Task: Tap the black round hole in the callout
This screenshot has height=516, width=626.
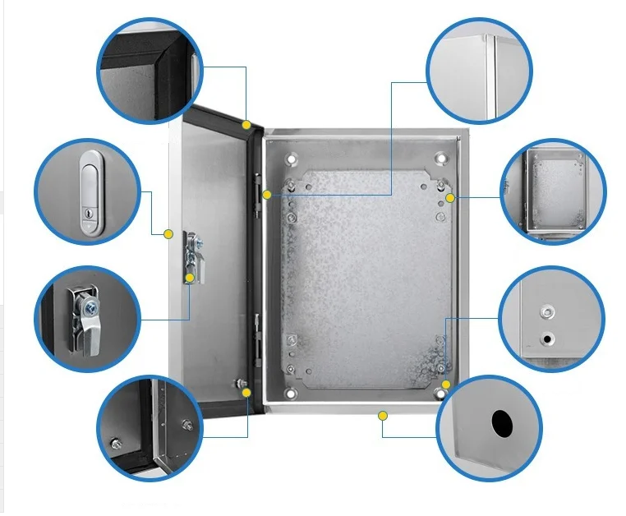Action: (x=501, y=423)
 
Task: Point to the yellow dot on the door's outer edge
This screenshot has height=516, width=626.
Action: (x=168, y=234)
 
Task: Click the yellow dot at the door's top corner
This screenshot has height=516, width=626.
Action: (x=246, y=124)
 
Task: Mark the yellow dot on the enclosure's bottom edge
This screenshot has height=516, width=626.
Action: (x=382, y=416)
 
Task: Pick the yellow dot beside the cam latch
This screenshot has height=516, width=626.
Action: (x=190, y=278)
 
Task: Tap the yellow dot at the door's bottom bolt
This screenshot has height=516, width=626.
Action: (x=246, y=394)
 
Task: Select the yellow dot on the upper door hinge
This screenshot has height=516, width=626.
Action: (x=266, y=195)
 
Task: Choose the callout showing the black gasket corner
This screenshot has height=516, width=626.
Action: (x=150, y=71)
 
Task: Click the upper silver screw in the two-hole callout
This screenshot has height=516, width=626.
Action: (x=545, y=312)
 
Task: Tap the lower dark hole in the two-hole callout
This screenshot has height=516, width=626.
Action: (x=545, y=338)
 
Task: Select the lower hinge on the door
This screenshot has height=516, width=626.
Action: (x=259, y=337)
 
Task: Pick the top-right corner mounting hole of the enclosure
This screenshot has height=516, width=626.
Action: (x=441, y=158)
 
